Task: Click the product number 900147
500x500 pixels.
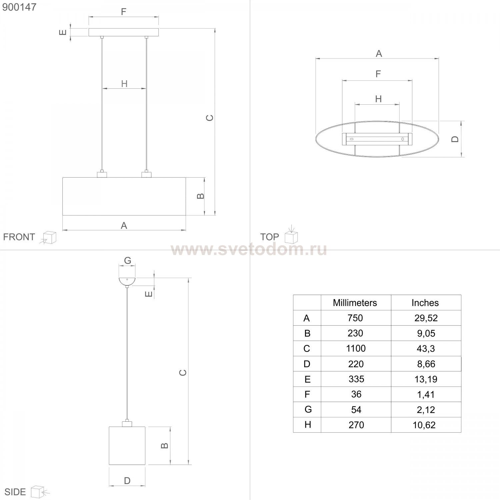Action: click(x=19, y=7)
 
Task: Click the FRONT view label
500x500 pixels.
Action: click(x=19, y=237)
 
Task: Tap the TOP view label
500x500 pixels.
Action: click(x=269, y=237)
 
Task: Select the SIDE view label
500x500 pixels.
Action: click(x=15, y=492)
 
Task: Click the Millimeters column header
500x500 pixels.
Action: click(x=355, y=303)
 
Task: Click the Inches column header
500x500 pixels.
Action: click(x=425, y=303)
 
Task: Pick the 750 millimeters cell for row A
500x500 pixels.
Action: click(x=355, y=318)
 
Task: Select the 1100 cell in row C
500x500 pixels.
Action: click(x=356, y=348)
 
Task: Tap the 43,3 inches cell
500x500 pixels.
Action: click(x=426, y=349)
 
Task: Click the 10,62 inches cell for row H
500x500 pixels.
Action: click(x=424, y=425)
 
